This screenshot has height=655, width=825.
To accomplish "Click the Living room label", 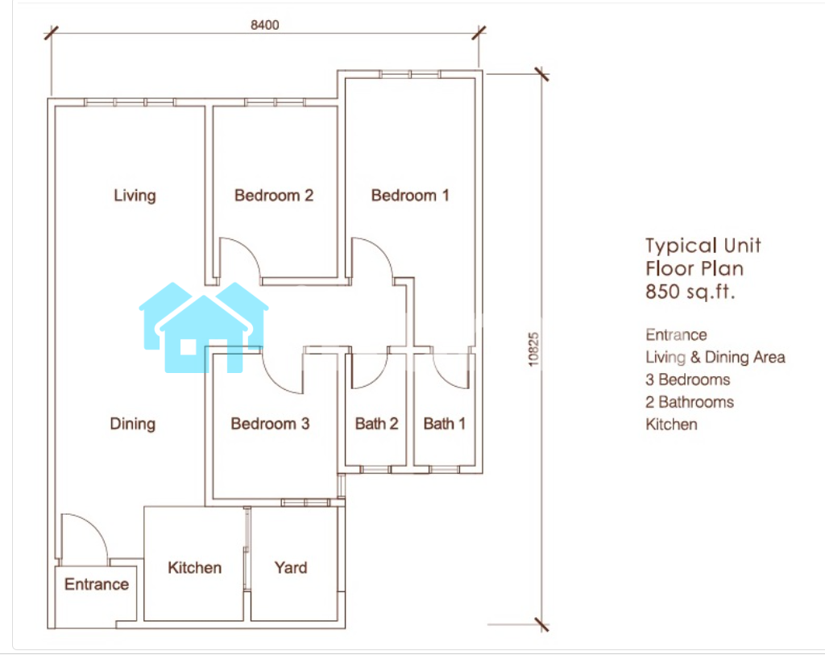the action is [135, 196].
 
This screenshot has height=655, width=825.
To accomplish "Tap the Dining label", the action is [133, 424].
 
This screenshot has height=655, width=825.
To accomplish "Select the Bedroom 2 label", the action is [274, 196].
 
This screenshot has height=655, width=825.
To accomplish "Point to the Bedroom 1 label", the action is [410, 196].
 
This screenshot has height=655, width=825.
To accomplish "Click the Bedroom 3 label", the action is [270, 424].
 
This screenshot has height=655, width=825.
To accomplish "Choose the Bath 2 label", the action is [376, 424].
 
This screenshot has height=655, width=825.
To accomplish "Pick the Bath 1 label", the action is [445, 424].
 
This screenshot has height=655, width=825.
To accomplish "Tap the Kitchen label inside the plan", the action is [195, 568].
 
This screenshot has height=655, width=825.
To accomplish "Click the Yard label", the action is [290, 568].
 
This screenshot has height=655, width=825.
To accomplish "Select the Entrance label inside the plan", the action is [97, 584].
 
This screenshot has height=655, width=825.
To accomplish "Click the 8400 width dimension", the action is [264, 25].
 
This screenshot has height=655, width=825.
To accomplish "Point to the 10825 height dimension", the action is [533, 350].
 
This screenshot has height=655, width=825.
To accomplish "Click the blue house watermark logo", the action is [204, 327].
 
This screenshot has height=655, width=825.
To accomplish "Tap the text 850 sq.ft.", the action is [690, 292].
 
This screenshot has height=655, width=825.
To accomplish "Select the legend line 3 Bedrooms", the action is [688, 379].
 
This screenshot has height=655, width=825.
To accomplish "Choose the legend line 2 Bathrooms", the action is [690, 402].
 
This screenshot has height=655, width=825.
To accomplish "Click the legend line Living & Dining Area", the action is [715, 357].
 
